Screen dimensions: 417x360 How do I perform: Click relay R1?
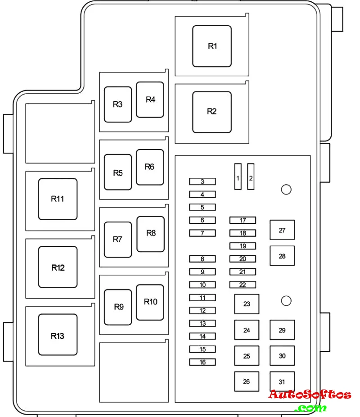(x=212, y=46)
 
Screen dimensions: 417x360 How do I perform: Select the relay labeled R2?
(x=212, y=112)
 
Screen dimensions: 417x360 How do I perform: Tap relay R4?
(x=150, y=100)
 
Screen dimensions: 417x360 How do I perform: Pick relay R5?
(x=118, y=172)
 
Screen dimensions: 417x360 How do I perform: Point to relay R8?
(x=151, y=234)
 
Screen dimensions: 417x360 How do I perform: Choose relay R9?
(x=118, y=307)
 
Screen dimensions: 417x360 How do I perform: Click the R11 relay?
(x=58, y=199)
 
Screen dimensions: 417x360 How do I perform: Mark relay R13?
(x=58, y=335)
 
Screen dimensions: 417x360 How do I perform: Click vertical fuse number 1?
(x=238, y=177)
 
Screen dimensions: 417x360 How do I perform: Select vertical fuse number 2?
(x=251, y=177)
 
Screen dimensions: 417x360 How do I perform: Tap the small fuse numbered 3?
(x=202, y=181)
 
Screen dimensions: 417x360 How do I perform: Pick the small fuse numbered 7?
(x=202, y=233)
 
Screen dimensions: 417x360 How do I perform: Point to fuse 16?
(x=202, y=362)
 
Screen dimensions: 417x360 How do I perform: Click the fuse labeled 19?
(x=243, y=246)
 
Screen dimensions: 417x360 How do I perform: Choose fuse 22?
(x=243, y=285)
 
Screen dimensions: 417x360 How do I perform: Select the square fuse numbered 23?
(x=247, y=304)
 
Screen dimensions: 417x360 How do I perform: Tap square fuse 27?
(x=282, y=230)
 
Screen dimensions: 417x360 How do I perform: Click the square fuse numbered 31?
(x=282, y=381)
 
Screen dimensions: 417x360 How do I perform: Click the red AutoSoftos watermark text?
(x=310, y=395)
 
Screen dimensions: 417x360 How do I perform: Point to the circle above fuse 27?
(x=286, y=190)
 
